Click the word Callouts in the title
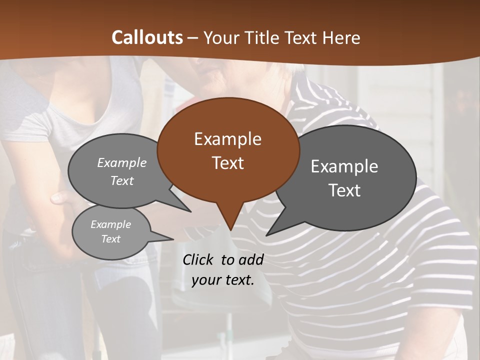point(147,37)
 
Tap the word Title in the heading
point(263,37)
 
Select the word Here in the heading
point(341,37)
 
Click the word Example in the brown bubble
point(227,139)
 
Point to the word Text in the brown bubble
point(227,162)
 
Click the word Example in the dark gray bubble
point(344,166)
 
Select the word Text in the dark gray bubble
point(344,190)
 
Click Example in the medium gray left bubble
point(121,162)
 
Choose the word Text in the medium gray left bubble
point(121,180)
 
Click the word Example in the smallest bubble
point(110,224)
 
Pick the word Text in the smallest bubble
point(110,239)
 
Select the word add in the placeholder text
point(250,259)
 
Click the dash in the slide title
point(193,38)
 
